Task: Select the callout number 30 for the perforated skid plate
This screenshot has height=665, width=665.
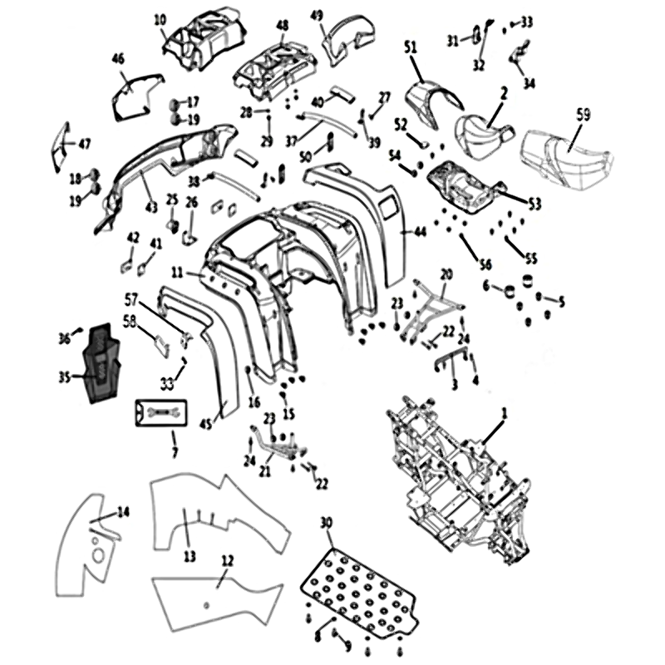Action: [x=326, y=523]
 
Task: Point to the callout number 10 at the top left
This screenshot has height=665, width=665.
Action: [x=160, y=18]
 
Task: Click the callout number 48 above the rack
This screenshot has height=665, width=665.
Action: [x=283, y=26]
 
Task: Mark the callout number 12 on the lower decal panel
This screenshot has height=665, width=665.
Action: [x=225, y=560]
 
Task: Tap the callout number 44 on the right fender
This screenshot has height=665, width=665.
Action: [x=420, y=233]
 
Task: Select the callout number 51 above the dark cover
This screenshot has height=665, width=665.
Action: [x=409, y=47]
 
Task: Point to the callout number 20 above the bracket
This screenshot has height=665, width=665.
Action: [x=446, y=273]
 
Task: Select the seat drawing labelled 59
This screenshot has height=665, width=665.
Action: [x=565, y=154]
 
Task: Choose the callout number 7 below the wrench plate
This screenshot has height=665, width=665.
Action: [x=173, y=452]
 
